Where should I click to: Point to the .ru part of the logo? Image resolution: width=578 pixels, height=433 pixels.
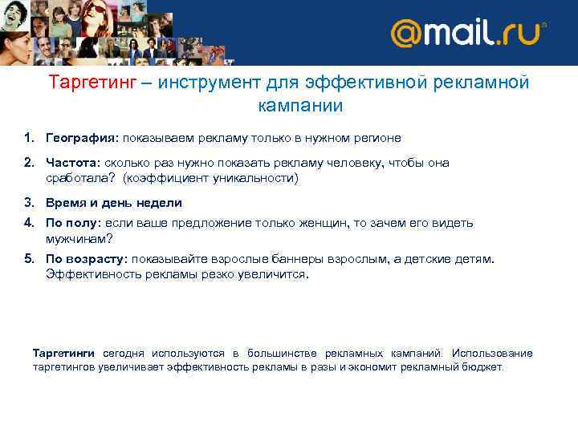pos(521,34)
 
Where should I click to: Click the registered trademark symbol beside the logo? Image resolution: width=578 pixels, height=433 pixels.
pos(545,25)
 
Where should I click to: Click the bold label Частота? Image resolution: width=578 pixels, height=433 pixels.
pos(72,163)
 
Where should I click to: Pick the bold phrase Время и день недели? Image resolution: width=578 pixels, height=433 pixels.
pos(114,203)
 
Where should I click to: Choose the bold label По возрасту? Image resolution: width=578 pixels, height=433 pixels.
pos(87,259)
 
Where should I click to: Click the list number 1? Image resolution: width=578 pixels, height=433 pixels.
pos(27,138)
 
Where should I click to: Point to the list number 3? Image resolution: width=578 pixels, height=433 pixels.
pos(27,203)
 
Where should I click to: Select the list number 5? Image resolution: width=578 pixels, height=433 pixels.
pos(27,259)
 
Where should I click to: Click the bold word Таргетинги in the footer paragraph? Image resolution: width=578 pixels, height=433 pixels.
pos(63,353)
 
